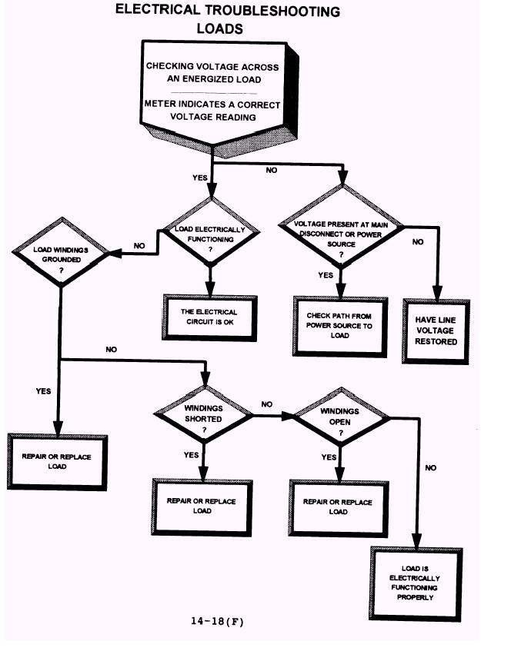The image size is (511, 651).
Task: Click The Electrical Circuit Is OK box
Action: tap(209, 317)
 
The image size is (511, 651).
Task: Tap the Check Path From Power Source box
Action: tap(339, 325)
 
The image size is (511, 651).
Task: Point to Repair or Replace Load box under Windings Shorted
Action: tap(202, 506)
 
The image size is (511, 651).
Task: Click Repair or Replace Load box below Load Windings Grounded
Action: tap(57, 461)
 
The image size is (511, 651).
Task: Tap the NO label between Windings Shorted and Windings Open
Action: tap(267, 404)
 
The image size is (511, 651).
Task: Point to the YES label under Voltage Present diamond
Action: tap(325, 274)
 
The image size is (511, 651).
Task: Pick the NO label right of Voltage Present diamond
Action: tap(418, 241)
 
